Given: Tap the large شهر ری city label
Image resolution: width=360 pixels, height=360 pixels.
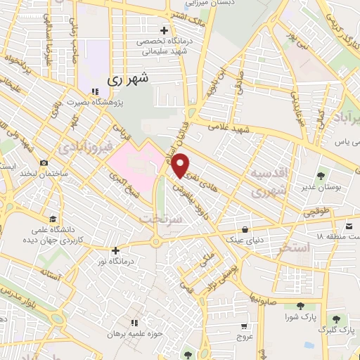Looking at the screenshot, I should pos(129,79).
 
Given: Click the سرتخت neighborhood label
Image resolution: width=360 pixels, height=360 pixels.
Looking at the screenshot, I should pos(167,219).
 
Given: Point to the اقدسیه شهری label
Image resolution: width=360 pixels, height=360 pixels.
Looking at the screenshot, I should pos(268,181).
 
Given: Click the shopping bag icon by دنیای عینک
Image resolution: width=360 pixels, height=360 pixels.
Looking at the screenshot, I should pos(244,230).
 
